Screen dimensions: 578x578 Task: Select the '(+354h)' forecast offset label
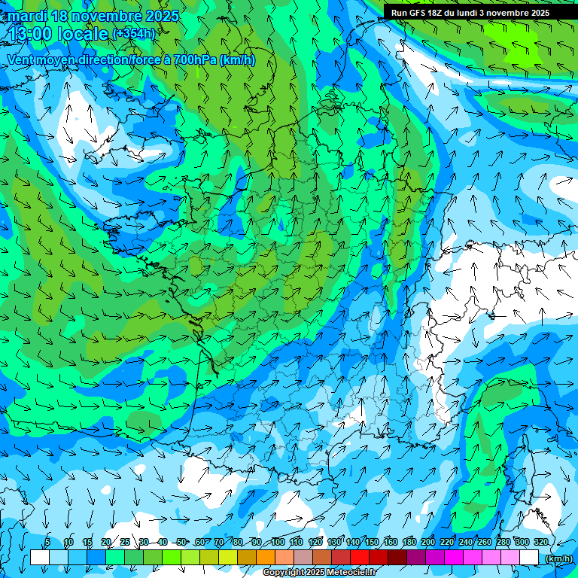(x=133, y=34)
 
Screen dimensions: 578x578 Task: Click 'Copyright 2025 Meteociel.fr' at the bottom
(x=319, y=573)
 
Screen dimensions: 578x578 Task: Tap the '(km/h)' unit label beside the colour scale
(x=558, y=558)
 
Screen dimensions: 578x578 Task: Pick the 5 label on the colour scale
(x=47, y=543)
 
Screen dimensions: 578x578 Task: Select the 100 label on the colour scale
(x=278, y=543)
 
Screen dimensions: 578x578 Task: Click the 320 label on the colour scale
(x=540, y=543)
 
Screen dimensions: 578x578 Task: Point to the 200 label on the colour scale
(x=428, y=543)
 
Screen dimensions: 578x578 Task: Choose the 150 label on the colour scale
(x=372, y=543)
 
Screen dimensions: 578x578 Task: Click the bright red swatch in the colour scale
(x=360, y=558)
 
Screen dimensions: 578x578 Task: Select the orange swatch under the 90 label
(x=266, y=558)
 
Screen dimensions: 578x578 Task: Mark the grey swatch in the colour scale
(x=303, y=558)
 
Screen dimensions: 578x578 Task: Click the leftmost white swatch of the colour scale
(x=40, y=558)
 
